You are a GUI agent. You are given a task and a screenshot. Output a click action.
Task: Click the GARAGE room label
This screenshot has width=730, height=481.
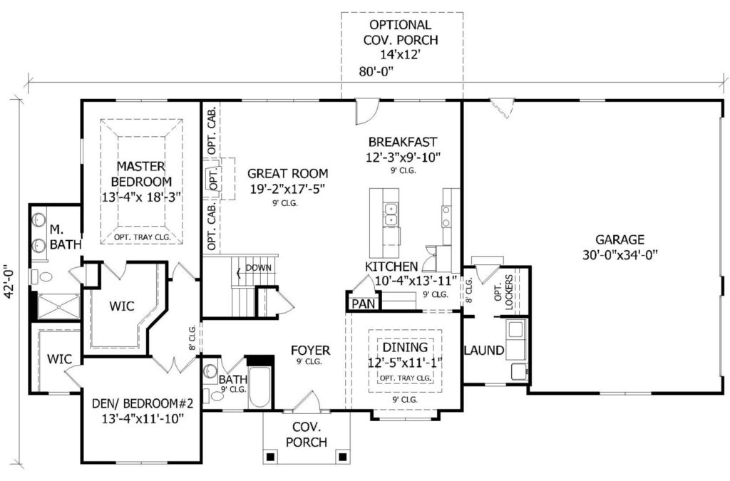[620, 239]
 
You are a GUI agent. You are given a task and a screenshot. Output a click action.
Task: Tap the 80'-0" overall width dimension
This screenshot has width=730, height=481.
[376, 72]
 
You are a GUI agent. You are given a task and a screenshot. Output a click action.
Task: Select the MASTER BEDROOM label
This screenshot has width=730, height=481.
[142, 173]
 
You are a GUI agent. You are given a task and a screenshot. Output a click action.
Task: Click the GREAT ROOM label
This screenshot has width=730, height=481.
[287, 173]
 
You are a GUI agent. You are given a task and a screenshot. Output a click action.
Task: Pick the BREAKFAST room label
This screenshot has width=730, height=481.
[403, 141]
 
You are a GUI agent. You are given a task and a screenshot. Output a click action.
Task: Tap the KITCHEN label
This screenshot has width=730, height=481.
[391, 267]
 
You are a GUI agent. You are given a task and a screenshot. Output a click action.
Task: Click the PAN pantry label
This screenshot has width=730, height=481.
[364, 304]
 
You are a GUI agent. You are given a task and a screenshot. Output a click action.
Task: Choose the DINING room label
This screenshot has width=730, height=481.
[405, 347]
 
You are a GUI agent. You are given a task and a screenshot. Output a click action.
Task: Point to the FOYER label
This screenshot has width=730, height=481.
[311, 350]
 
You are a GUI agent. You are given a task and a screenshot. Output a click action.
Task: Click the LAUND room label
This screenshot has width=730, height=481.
[484, 351]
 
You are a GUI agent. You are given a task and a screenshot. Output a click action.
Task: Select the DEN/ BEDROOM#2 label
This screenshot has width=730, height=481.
[143, 403]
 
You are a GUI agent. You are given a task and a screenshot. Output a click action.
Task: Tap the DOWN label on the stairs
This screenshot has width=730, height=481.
[258, 268]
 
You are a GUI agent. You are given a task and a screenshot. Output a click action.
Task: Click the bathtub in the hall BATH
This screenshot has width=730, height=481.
[260, 387]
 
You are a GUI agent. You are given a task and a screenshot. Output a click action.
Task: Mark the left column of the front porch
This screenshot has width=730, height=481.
[269, 456]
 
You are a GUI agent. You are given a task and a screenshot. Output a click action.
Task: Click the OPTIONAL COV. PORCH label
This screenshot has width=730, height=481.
[401, 32]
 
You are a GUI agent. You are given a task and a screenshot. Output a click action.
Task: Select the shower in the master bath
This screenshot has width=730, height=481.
[58, 306]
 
